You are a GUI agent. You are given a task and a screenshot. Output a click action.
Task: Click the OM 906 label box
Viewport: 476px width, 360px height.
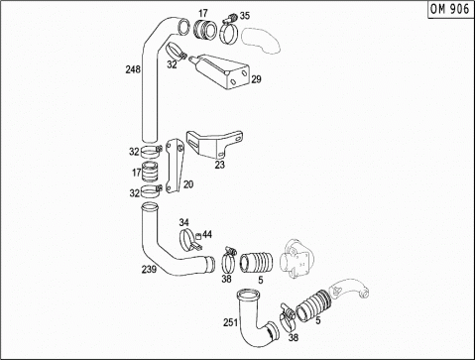click(451, 9)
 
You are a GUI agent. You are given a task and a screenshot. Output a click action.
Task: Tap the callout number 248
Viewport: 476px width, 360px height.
click(133, 69)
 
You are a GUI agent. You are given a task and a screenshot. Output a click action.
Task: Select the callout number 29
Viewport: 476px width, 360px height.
click(256, 79)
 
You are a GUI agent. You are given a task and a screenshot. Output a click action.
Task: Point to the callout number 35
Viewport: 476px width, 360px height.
click(245, 16)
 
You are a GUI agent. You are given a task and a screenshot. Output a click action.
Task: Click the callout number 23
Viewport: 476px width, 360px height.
click(220, 165)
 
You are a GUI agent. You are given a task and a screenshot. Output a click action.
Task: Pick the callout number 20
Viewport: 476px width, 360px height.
click(188, 184)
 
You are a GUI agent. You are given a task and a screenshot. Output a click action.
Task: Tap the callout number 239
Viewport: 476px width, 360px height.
click(149, 269)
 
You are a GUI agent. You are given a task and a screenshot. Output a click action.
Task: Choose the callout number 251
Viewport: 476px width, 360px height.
click(231, 322)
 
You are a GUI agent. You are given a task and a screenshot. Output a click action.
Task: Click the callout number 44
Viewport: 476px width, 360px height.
click(207, 234)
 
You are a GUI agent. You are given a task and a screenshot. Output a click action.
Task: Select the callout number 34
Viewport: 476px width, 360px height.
click(184, 222)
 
